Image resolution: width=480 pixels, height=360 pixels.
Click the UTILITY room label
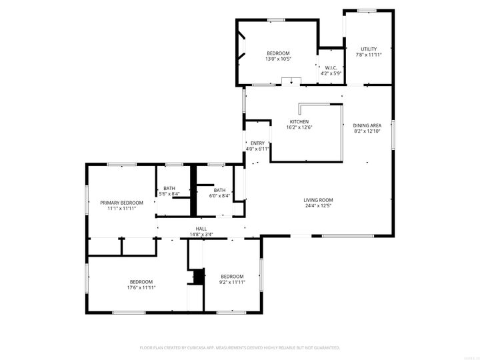369,49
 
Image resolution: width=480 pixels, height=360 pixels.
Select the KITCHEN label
299,121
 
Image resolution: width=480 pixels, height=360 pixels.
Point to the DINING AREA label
367,125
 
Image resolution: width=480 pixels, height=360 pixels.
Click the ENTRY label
257,143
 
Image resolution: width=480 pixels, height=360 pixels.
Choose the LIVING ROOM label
318,200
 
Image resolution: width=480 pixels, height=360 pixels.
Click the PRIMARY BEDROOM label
122,203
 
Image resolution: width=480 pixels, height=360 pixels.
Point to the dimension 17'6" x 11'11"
141,287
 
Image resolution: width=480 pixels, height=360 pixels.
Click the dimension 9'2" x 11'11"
232,282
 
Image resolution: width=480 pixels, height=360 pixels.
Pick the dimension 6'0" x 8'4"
219,195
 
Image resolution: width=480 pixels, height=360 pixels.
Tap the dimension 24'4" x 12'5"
318,206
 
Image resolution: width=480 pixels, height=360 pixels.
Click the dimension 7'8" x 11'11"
369,55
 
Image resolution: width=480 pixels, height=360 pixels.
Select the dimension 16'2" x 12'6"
299,127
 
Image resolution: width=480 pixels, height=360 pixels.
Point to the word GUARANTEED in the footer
325,347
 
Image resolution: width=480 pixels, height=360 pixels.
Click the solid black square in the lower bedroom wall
197,276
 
